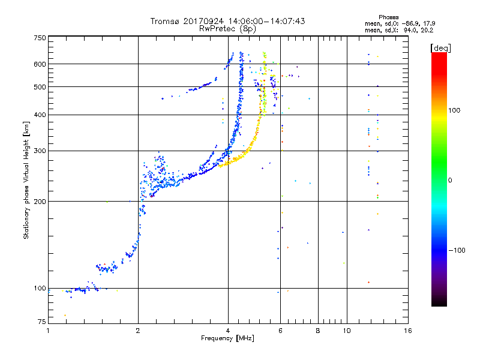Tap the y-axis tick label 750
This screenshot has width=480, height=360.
(40, 38)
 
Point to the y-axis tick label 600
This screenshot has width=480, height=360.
(40, 64)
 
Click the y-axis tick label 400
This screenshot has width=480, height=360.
(40, 115)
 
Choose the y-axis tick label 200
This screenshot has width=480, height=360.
(40, 201)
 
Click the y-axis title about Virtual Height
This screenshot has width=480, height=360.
(26, 180)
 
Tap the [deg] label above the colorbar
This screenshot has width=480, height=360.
(440, 47)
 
